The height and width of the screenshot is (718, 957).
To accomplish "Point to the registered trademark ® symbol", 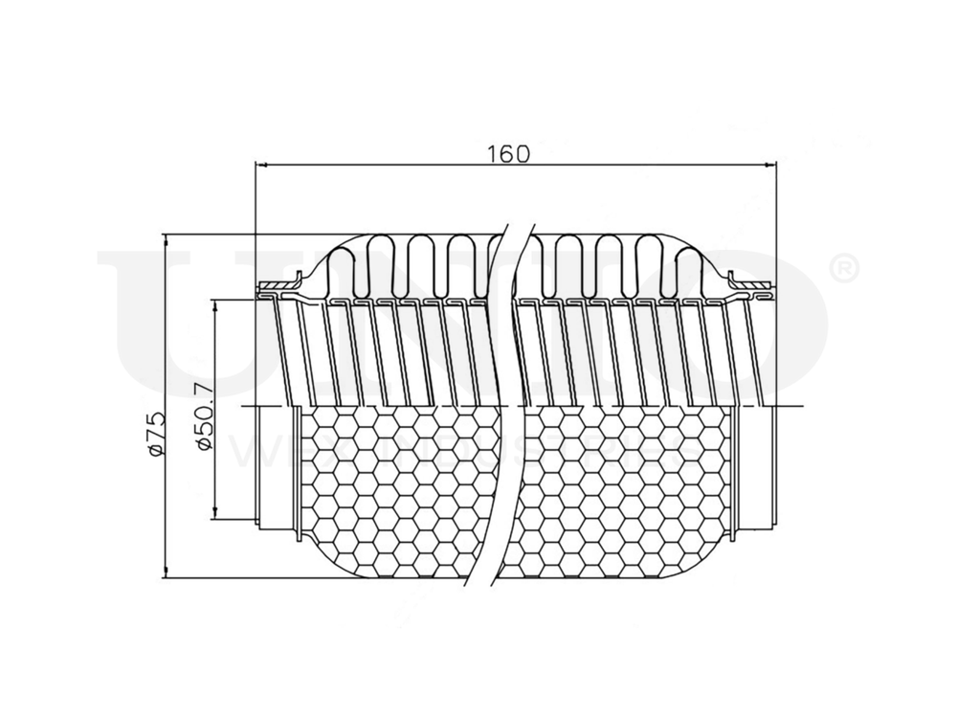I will (846, 269).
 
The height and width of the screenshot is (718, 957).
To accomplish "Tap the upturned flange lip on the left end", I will (296, 280).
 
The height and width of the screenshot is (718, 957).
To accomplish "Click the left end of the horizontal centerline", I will (251, 406).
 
